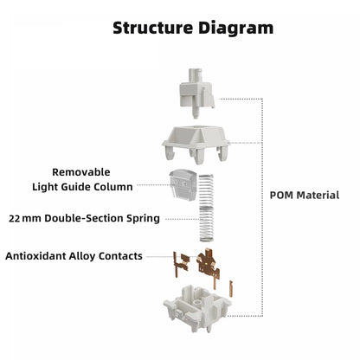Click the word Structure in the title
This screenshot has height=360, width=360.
[x=152, y=28]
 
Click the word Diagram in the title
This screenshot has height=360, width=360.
[x=235, y=29]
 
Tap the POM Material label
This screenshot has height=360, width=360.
[x=305, y=196]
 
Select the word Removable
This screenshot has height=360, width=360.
[x=81, y=172]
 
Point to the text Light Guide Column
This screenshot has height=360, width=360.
[x=82, y=187]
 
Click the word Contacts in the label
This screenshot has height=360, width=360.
[x=120, y=256]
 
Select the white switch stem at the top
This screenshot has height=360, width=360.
[x=196, y=93]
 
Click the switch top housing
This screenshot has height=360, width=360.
[x=196, y=144]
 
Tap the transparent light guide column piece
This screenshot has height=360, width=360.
[x=183, y=184]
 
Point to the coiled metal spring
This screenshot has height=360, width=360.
[x=207, y=208]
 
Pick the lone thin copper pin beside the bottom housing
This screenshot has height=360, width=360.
[x=231, y=288]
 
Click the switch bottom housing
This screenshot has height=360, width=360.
[x=197, y=308]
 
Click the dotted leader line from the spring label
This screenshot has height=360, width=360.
[x=183, y=219]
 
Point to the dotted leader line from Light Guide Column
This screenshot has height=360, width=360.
[x=154, y=185]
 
